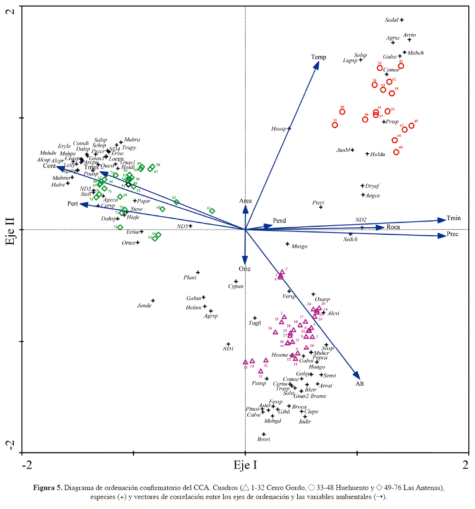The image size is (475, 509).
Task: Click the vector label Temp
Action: coord(319,57)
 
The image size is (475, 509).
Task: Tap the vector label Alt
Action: coord(360,384)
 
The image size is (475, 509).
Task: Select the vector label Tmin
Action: coord(454,218)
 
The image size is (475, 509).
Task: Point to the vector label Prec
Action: coord(453,234)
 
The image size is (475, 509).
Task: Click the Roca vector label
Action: coord(393,227)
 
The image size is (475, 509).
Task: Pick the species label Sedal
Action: coord(391,20)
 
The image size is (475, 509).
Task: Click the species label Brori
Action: coord(264,439)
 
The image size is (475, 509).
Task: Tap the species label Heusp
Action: coord(279,129)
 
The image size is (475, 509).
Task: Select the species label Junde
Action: coord(144,305)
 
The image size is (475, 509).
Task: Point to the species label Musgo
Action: coord(299,246)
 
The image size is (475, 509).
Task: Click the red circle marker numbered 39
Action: coord(335,125)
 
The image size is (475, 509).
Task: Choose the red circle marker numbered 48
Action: coord(396,152)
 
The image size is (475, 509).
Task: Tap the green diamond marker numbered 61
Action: coord(212,211)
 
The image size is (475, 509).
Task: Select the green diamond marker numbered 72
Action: coord(120,228)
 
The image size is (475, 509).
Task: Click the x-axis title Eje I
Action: coord(245,465)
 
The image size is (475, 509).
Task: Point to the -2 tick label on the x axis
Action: coord(27,465)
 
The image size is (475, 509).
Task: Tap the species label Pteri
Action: coord(318,203)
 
